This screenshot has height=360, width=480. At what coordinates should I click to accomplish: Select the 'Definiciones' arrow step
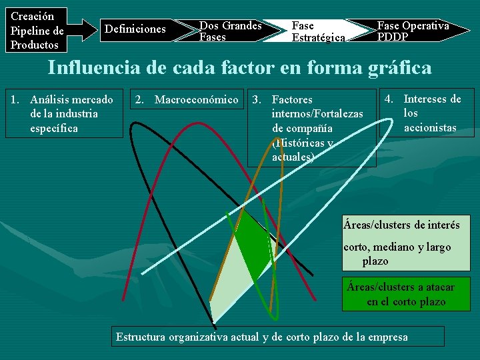click(x=136, y=29)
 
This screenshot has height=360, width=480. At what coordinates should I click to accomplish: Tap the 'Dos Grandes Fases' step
click(x=229, y=31)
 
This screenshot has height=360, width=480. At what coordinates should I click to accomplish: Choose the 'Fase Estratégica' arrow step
click(x=317, y=31)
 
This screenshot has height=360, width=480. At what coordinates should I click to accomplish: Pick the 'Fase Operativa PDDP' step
click(x=413, y=31)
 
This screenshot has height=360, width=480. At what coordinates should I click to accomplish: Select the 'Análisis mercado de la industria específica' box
click(x=64, y=113)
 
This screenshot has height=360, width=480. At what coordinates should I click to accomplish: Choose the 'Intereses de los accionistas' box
click(x=427, y=113)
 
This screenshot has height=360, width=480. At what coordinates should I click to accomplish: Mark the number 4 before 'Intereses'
click(x=389, y=99)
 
